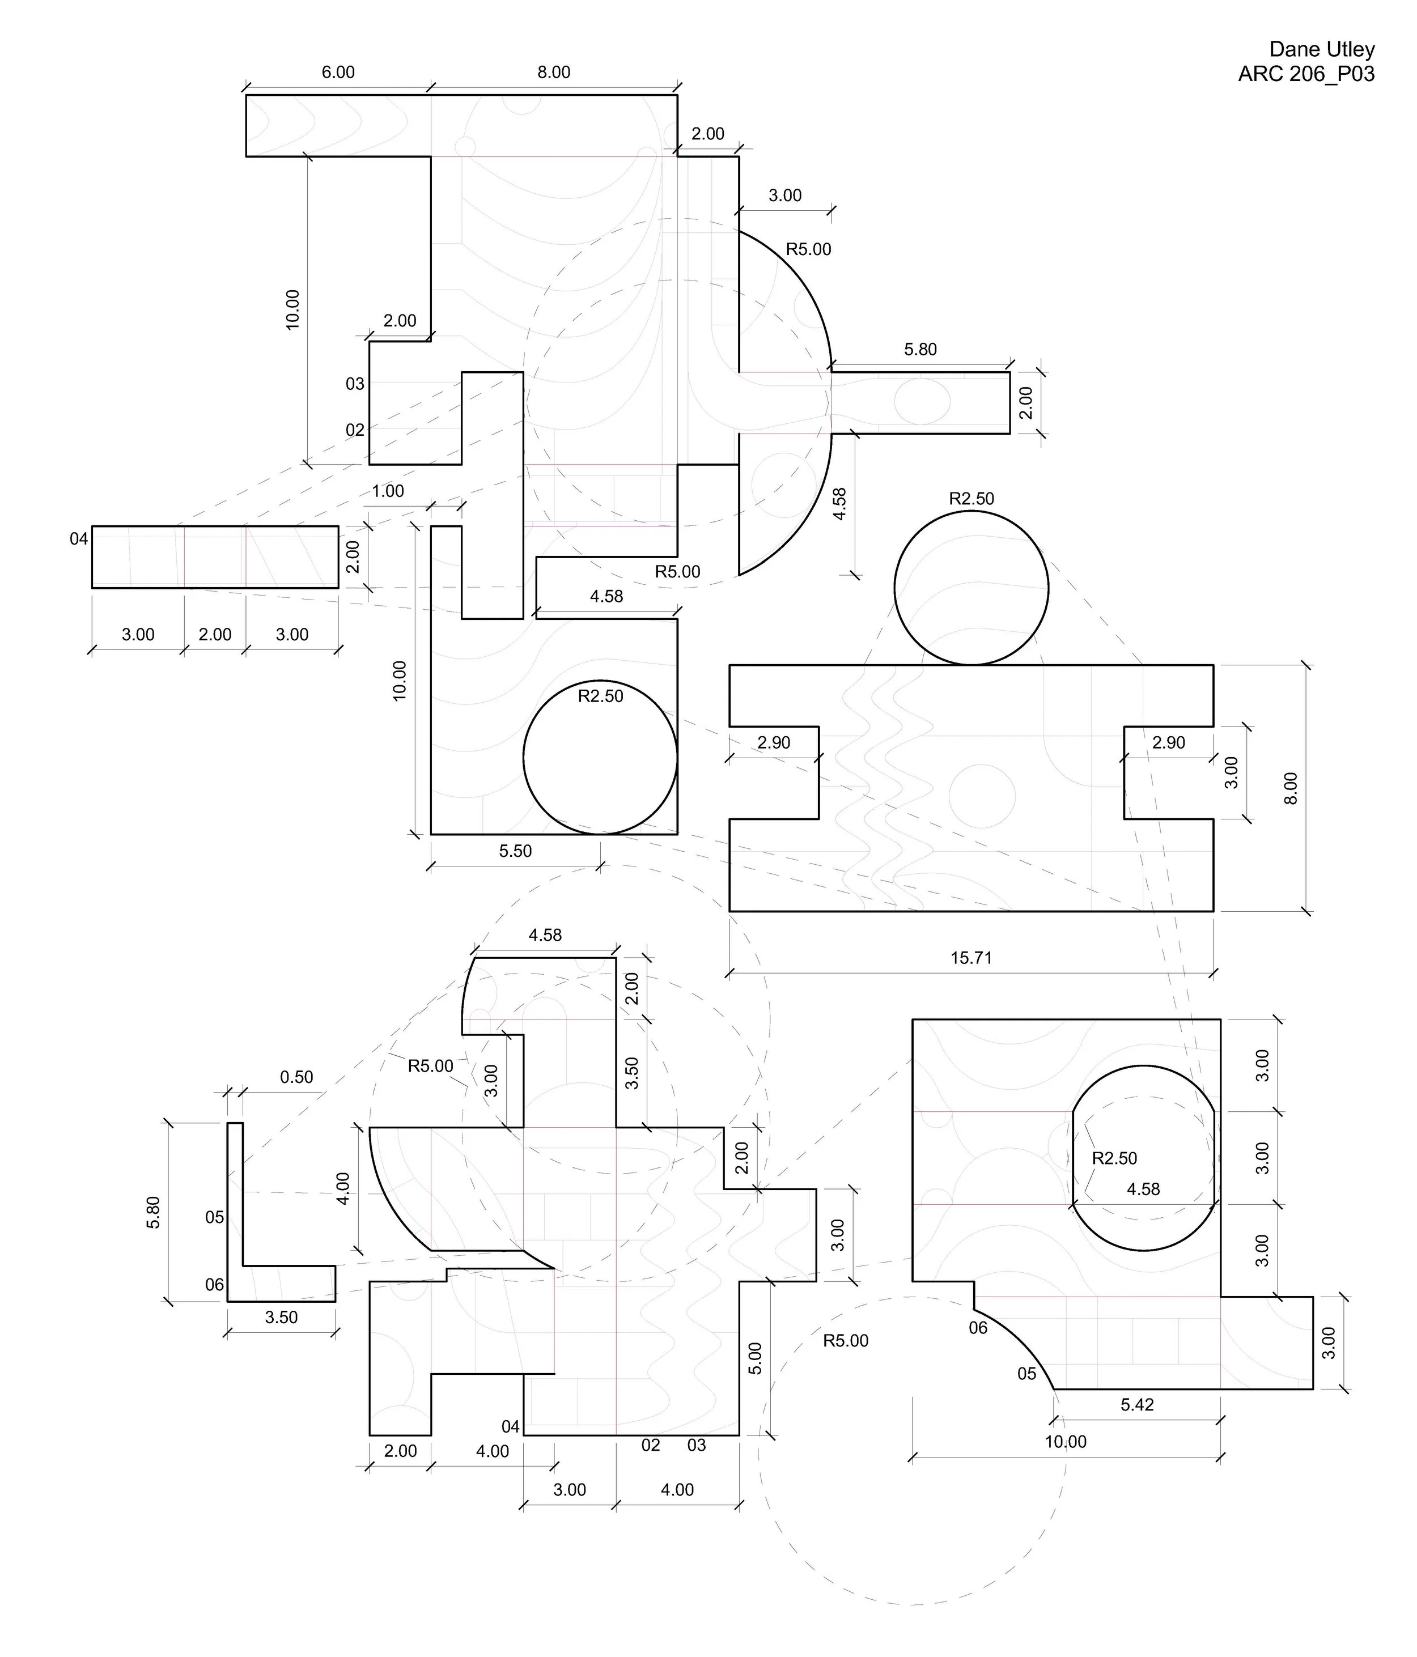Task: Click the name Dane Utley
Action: (x=1321, y=49)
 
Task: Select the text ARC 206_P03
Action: (x=1306, y=74)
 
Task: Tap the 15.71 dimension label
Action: (x=971, y=957)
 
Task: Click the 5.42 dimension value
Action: (x=1136, y=1404)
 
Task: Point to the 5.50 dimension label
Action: (x=515, y=851)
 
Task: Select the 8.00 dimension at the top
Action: (x=553, y=72)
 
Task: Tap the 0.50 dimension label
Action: (x=296, y=1077)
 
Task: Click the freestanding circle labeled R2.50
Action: (x=971, y=588)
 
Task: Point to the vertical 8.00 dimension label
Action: (x=1290, y=788)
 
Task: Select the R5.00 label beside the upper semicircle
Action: (x=808, y=249)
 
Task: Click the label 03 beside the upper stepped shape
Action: (x=355, y=384)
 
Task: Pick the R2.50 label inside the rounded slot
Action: (x=1114, y=1158)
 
